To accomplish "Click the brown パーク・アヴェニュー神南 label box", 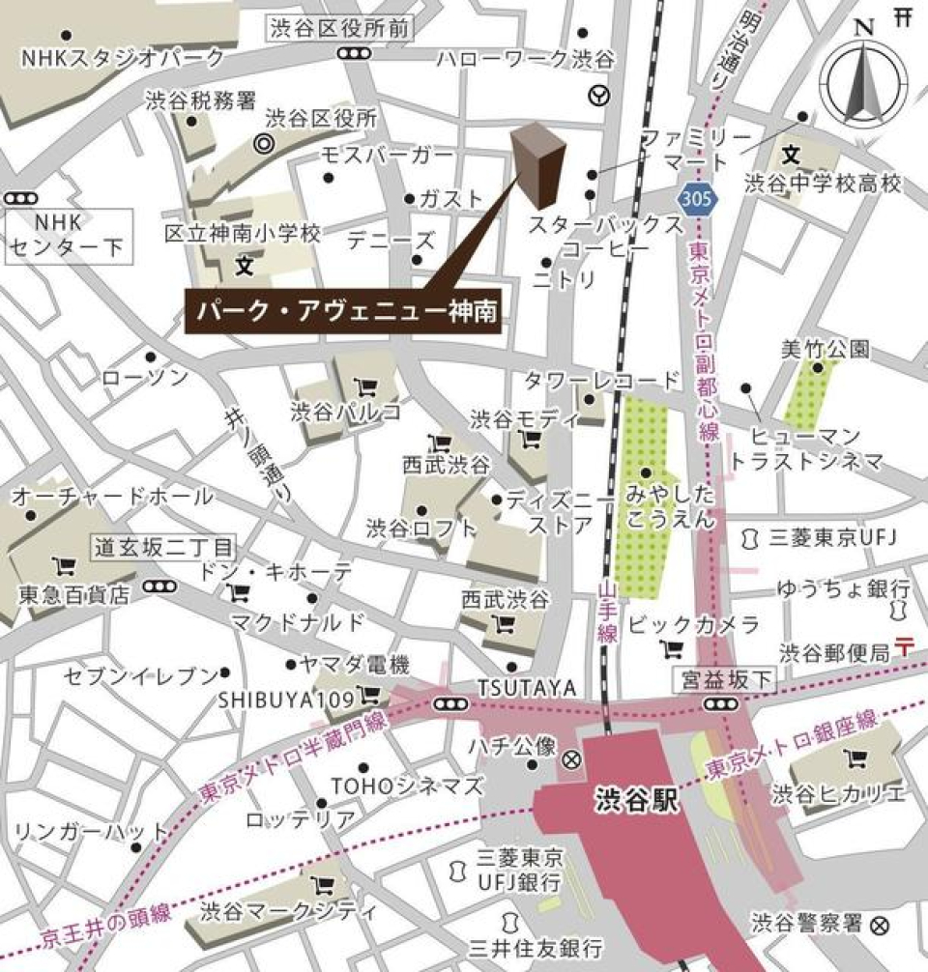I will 343,312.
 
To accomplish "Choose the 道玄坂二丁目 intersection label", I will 163,548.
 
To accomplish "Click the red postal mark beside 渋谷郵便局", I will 906,645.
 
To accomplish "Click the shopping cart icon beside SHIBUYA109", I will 367,695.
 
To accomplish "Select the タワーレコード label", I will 603,380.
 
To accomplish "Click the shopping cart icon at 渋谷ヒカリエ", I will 854,758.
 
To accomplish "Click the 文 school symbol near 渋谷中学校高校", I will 792,155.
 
